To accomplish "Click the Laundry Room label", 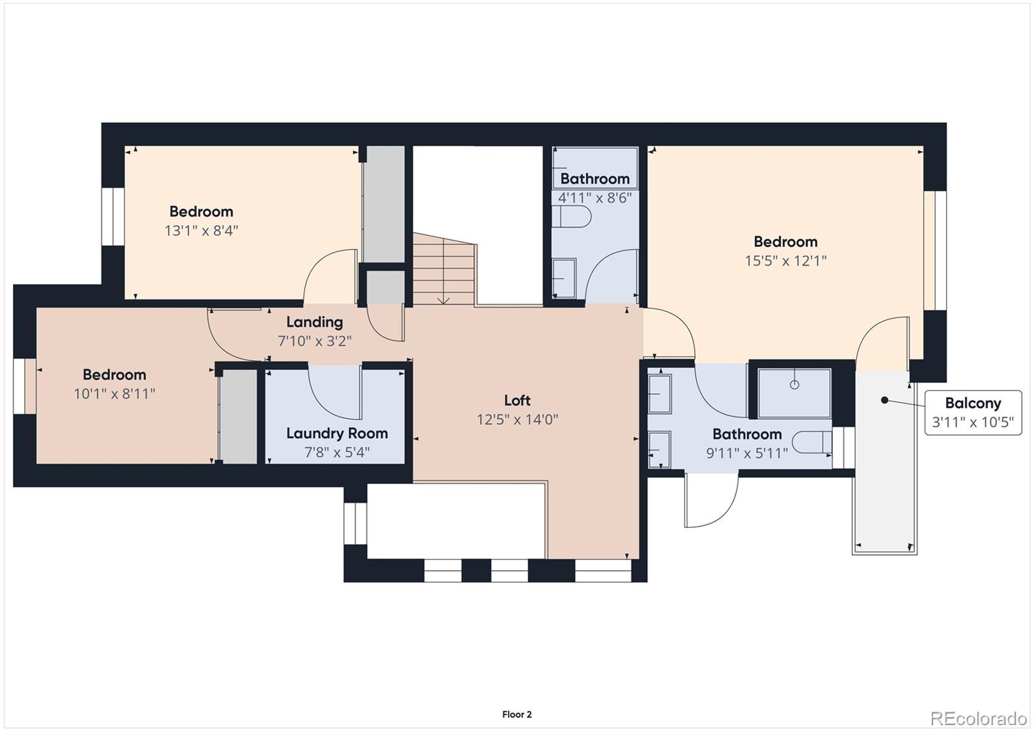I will click(x=337, y=433).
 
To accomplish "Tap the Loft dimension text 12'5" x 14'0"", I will click(x=517, y=419).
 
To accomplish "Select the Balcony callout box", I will click(x=973, y=412).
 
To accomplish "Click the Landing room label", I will click(x=314, y=322).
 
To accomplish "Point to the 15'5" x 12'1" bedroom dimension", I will click(x=785, y=261).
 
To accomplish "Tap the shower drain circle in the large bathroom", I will click(x=794, y=385).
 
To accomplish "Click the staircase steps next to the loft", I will click(x=444, y=271).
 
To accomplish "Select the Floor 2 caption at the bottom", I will click(x=516, y=714).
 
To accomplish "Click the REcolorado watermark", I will click(x=978, y=718).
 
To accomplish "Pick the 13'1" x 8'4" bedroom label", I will click(x=201, y=211).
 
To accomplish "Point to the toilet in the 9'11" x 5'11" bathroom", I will click(x=812, y=442).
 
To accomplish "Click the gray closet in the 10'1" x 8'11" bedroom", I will click(x=238, y=416).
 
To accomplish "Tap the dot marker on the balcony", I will click(x=884, y=401).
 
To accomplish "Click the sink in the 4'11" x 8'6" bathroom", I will click(x=564, y=279).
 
